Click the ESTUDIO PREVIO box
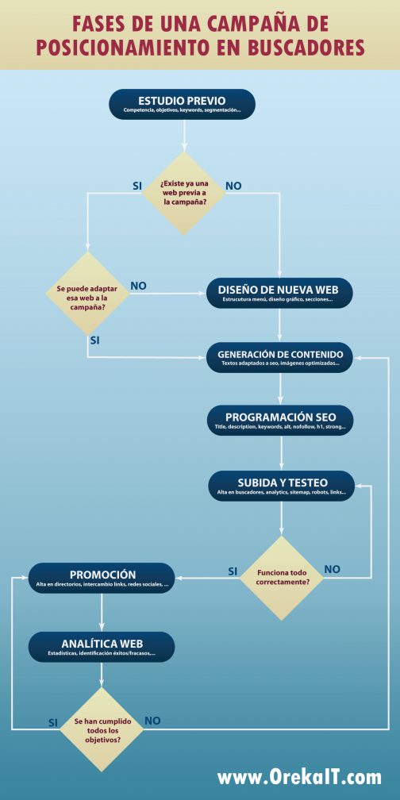182,104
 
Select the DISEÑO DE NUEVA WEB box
279,293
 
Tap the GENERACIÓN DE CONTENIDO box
280,357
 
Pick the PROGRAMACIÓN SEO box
280,421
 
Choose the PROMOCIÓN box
102,578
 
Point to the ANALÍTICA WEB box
102,647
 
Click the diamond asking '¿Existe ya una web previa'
183,194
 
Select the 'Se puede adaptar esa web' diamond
88,294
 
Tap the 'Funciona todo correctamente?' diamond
282,578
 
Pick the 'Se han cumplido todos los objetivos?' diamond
102,729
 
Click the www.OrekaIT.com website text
299,778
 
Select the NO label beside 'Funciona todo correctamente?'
332,569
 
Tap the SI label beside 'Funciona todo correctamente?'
233,571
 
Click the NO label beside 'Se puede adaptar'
138,286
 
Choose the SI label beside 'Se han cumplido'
53,722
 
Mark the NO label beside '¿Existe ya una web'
233,186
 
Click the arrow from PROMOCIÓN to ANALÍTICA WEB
102,612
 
